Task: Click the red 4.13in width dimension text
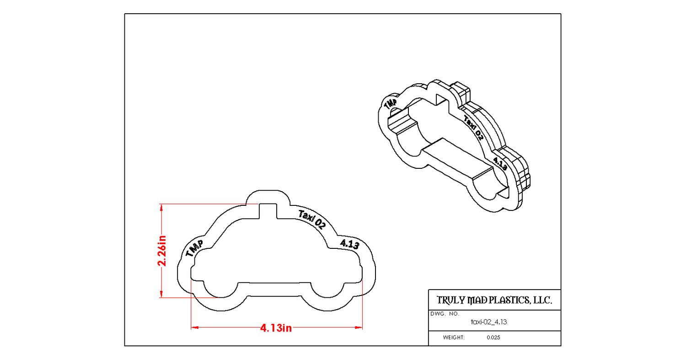pos(276,328)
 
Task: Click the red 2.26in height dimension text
pos(162,251)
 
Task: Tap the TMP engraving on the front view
pos(194,248)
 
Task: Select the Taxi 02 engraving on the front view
pos(312,220)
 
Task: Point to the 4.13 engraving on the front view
pos(349,244)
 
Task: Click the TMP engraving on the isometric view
pos(391,103)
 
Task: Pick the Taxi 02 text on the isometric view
pos(473,128)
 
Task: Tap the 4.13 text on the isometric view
pos(500,164)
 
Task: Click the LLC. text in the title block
pos(542,300)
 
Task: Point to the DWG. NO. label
pos(445,314)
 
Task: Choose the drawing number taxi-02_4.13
pos(489,322)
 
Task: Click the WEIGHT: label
pos(454,338)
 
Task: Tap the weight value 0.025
pos(493,338)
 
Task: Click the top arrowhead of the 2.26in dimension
pos(161,207)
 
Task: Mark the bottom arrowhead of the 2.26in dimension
pos(161,294)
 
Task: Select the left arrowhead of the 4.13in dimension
pos(195,328)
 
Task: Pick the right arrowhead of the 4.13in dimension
pos(359,328)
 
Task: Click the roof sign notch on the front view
pos(268,211)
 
